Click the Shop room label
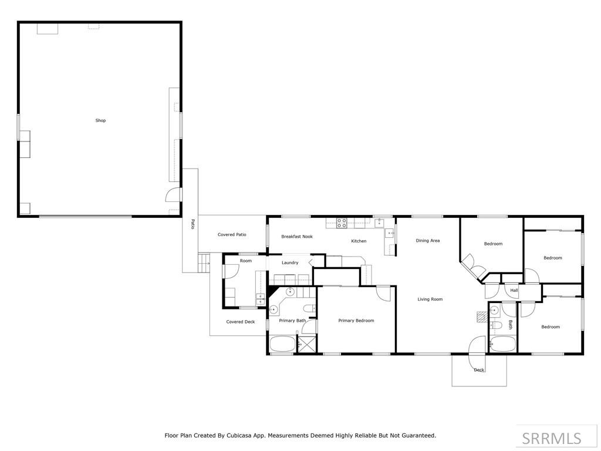pyautogui.click(x=100, y=120)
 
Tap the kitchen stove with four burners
pyautogui.click(x=342, y=223)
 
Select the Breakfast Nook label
pyautogui.click(x=296, y=237)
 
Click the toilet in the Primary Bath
pyautogui.click(x=309, y=308)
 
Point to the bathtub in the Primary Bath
pyautogui.click(x=282, y=344)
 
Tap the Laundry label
pyautogui.click(x=290, y=262)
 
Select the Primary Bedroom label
pyautogui.click(x=356, y=321)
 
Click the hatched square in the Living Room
pyautogui.click(x=482, y=317)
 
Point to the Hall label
pyautogui.click(x=514, y=290)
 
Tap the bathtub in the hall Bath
pyautogui.click(x=503, y=344)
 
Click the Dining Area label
pyautogui.click(x=428, y=241)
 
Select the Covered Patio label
pyautogui.click(x=232, y=235)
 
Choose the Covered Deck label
pyautogui.click(x=240, y=322)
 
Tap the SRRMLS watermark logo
pyautogui.click(x=552, y=438)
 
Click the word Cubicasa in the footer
pyautogui.click(x=239, y=436)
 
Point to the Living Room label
pyautogui.click(x=430, y=299)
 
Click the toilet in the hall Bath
pyautogui.click(x=497, y=325)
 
